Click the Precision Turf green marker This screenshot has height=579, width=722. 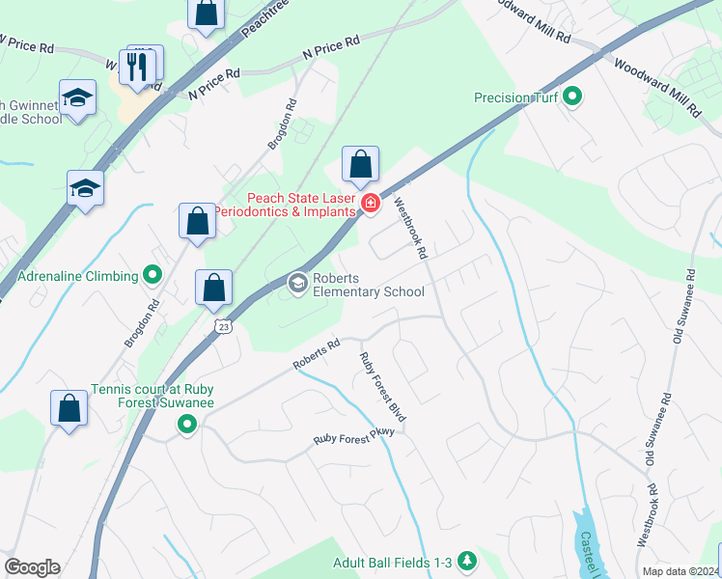(571, 97)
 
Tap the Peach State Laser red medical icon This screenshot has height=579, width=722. (369, 202)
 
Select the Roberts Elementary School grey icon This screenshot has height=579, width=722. (298, 283)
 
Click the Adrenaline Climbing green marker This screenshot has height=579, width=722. (153, 276)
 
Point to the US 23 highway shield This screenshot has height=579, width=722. (224, 328)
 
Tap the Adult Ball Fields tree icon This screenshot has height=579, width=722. (467, 561)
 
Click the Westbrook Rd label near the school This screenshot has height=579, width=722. (410, 230)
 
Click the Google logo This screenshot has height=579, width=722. (32, 567)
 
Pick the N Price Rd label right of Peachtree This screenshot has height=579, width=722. (330, 48)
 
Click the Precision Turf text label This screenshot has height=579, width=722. (514, 97)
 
